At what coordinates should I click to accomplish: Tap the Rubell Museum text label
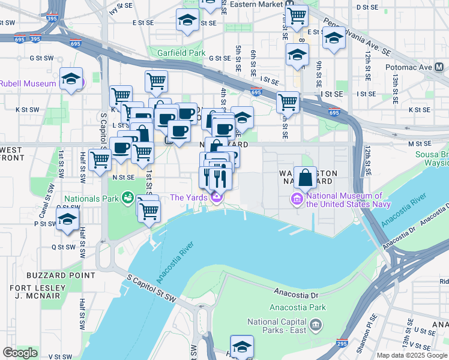click(x=27, y=83)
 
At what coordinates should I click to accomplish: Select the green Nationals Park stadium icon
click(x=127, y=197)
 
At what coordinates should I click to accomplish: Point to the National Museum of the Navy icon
click(x=297, y=198)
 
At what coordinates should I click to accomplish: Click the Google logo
click(x=20, y=352)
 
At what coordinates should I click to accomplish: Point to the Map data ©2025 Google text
click(x=412, y=355)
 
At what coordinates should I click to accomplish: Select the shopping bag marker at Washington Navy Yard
click(x=305, y=178)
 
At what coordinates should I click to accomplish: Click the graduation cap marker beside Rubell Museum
click(x=71, y=80)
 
